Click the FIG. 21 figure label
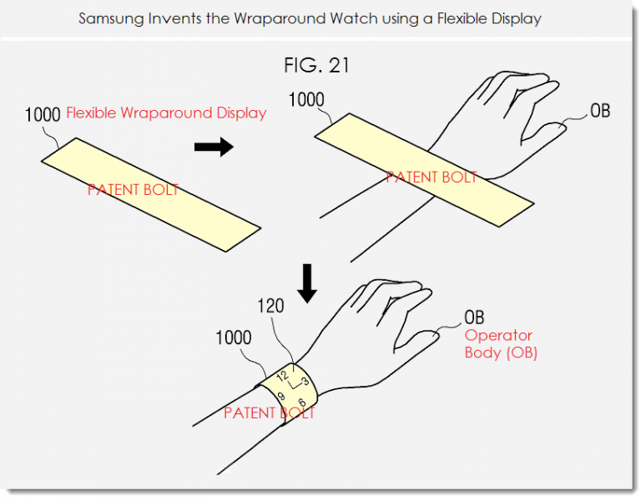click(x=317, y=65)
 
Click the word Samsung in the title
click(x=110, y=19)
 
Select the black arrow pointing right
click(x=214, y=147)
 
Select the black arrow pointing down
click(x=307, y=283)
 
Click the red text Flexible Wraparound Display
click(x=166, y=112)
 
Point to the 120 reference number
click(x=270, y=306)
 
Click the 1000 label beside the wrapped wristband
click(x=233, y=337)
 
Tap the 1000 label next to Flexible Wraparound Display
click(x=43, y=115)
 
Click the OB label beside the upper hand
click(x=600, y=111)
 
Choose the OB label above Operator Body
click(x=474, y=317)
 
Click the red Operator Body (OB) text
click(x=501, y=343)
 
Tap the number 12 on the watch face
click(x=282, y=377)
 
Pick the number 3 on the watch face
click(x=305, y=382)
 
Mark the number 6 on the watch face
click(x=300, y=402)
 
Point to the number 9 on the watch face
click(x=280, y=396)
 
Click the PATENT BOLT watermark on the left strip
click(x=134, y=190)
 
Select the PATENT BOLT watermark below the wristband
click(x=270, y=413)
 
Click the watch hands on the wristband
click(x=294, y=383)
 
